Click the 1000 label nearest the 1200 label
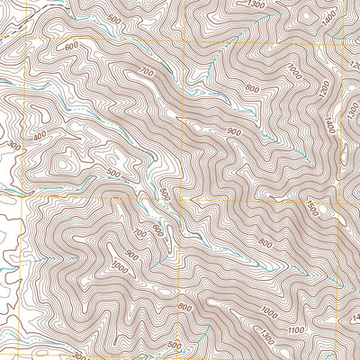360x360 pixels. click(x=293, y=69)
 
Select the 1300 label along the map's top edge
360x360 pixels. click(x=256, y=5)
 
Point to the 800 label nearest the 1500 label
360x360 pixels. click(x=264, y=243)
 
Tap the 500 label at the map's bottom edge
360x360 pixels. click(x=174, y=345)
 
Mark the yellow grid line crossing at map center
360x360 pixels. click(x=183, y=196)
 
